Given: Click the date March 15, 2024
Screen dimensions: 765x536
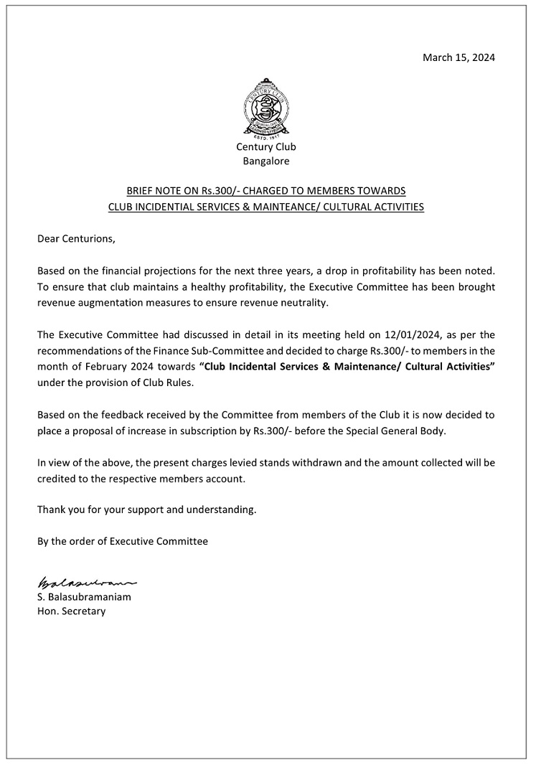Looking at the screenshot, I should click(459, 57).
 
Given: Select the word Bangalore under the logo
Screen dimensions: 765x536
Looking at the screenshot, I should click(266, 161).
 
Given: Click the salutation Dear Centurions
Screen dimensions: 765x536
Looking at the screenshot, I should click(76, 238).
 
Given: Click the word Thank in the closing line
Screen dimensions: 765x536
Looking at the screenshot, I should click(52, 510).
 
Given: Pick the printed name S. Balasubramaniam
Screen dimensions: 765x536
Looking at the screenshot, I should click(84, 596).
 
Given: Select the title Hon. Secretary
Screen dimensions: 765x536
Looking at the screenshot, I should click(71, 611).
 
